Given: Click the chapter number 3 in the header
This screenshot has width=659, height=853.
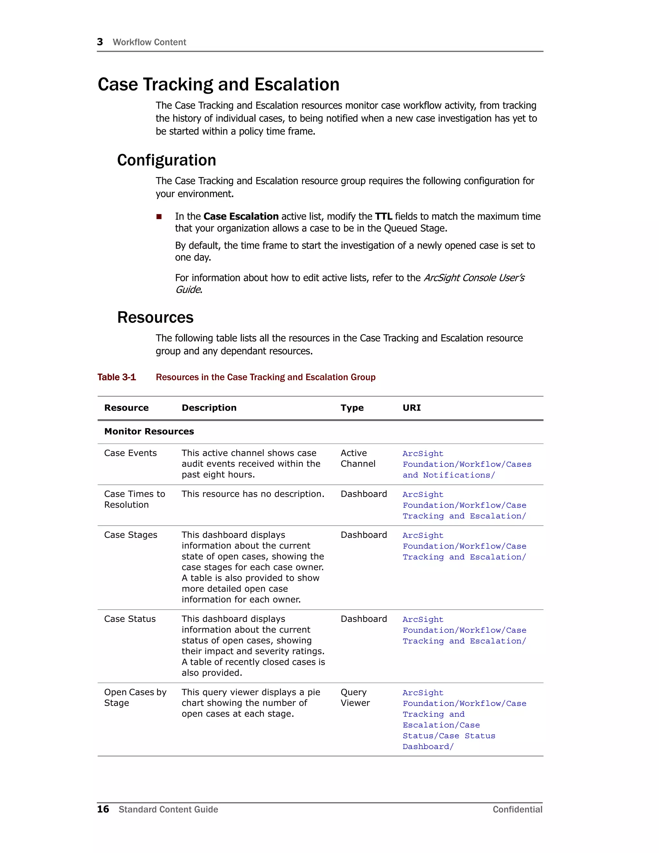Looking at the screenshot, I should pos(100,42).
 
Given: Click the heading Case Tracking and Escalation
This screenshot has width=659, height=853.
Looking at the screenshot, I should pos(218,84).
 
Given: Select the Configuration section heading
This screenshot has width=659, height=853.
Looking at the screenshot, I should pos(166,160).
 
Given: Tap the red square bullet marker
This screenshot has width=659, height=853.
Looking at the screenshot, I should pos(159,217).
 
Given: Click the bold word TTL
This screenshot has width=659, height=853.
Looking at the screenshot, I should pos(383,216).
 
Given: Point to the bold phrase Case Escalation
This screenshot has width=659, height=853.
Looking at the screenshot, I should pos(241,216).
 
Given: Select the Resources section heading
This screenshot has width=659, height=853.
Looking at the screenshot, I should pos(155,317).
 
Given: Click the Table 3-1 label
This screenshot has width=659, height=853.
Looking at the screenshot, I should pos(116,377).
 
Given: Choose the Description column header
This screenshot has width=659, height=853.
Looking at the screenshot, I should pos(209,408).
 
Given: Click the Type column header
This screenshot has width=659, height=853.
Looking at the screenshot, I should pos(352,408).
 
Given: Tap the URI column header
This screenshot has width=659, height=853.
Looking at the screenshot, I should pos(412,408).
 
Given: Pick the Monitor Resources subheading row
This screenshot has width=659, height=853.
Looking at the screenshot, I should pos(149,431).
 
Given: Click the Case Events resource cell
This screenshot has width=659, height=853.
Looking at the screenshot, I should pos(130,453).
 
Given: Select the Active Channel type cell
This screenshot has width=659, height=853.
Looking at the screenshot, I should pos(357,458).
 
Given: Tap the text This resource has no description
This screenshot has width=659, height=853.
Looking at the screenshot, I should pos(253,494).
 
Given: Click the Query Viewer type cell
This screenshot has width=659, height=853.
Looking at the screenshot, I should pos(355,697).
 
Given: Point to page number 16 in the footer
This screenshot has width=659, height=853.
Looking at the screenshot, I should pos(103,809).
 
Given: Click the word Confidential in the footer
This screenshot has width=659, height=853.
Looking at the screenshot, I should pos(517,809).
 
